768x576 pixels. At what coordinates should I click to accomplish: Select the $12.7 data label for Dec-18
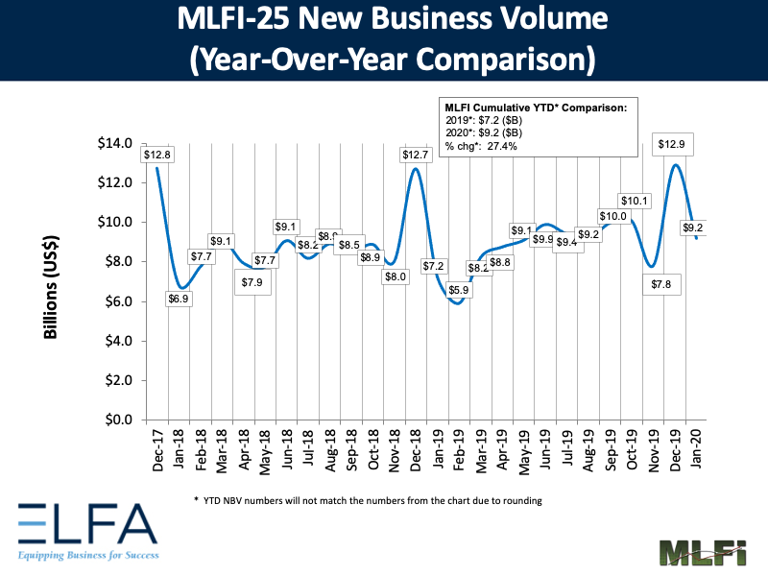click(x=416, y=155)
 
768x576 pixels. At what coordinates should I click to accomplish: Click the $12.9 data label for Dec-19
click(x=671, y=144)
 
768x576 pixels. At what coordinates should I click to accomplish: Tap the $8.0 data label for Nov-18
click(x=396, y=276)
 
